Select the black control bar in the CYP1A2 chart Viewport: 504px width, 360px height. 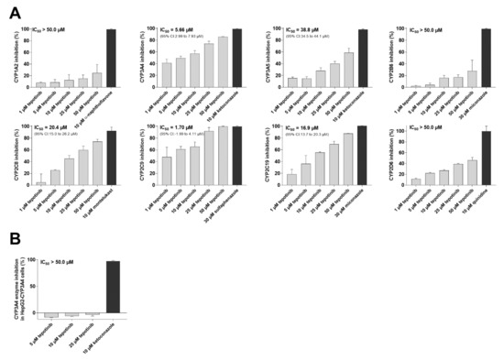[x=111, y=58]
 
